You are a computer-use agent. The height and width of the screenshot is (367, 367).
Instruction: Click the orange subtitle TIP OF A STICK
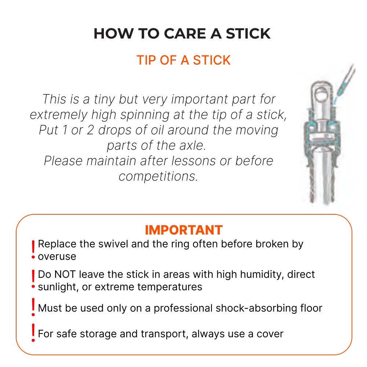[183, 60]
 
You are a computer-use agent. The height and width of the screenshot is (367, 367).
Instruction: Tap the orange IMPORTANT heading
[183, 230]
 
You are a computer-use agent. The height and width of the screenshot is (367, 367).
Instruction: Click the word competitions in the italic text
[158, 177]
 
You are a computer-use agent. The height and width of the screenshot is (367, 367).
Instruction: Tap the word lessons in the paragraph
[184, 161]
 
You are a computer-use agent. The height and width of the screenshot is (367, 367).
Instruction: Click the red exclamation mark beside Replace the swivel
[33, 250]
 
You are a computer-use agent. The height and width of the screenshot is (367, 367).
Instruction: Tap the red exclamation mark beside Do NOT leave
[33, 280]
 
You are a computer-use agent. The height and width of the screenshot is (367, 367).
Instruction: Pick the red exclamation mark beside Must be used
[33, 308]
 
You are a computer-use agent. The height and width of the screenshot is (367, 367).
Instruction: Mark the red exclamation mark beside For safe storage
[33, 333]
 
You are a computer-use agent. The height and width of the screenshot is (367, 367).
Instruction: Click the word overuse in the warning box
[57, 256]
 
